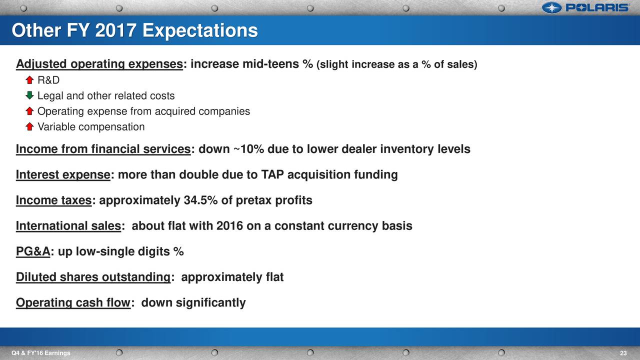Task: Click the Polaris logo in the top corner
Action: tap(585, 7)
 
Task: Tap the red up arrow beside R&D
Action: tap(29, 80)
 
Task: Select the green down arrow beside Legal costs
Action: tap(29, 95)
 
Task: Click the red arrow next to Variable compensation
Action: tap(29, 126)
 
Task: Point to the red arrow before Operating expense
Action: tap(29, 111)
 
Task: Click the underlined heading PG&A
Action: tap(33, 251)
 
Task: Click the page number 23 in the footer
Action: tap(623, 353)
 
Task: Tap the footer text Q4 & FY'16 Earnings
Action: tap(41, 353)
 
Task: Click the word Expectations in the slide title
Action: tap(200, 30)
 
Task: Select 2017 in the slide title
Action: tap(115, 30)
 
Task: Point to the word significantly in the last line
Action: tap(210, 303)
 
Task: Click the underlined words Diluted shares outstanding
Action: tap(93, 277)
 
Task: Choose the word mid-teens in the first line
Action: tap(270, 63)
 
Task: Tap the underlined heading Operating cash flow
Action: tap(73, 303)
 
